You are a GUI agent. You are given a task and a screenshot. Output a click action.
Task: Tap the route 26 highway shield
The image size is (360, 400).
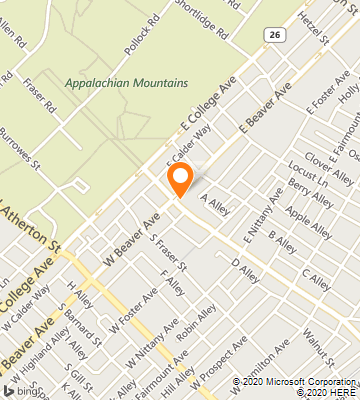pyautogui.click(x=273, y=35)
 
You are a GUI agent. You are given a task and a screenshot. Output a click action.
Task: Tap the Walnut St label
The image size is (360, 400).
pyautogui.click(x=319, y=341)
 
